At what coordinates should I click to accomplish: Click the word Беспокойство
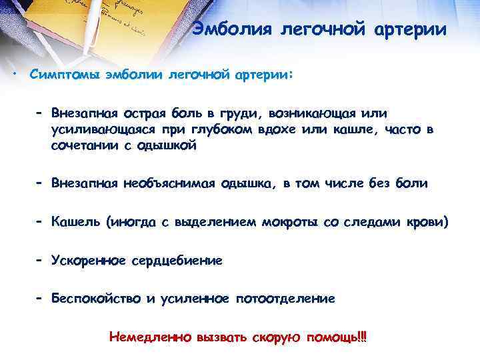point(96,299)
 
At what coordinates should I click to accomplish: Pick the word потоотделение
point(287,299)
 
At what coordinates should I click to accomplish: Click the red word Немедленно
point(150,337)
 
